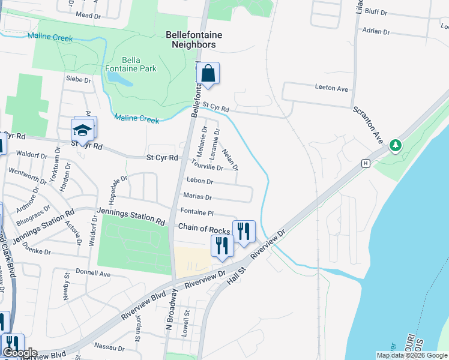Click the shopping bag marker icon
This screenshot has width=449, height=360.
208,74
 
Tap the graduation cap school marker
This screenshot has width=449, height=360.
83,129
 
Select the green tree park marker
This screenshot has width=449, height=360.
395,145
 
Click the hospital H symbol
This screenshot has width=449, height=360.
365,163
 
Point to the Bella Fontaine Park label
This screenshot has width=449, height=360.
139,64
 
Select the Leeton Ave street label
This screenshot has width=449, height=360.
331,88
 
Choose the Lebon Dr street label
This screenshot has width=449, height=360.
200,181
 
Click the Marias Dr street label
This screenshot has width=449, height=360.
197,197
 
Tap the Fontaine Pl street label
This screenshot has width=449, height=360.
197,212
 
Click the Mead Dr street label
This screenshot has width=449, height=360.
89,15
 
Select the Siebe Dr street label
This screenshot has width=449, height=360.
78,79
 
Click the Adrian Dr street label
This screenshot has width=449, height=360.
376,31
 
